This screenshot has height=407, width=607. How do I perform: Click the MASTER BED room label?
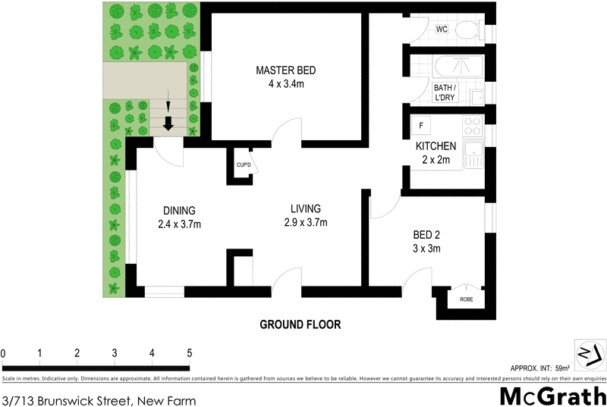285,70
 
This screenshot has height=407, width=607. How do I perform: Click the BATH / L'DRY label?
445,93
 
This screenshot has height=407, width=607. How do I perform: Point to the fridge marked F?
420,124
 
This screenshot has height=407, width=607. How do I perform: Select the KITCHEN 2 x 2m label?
436,152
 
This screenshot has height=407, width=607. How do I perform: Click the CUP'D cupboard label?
243,165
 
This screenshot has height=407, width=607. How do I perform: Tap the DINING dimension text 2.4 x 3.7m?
179,224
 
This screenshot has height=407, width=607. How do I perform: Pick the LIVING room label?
306,208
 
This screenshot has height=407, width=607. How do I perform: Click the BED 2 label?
425,235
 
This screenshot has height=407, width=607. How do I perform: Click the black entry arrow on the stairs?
168,121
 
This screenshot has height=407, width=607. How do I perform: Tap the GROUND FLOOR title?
300,324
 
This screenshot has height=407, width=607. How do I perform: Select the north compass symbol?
589,355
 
